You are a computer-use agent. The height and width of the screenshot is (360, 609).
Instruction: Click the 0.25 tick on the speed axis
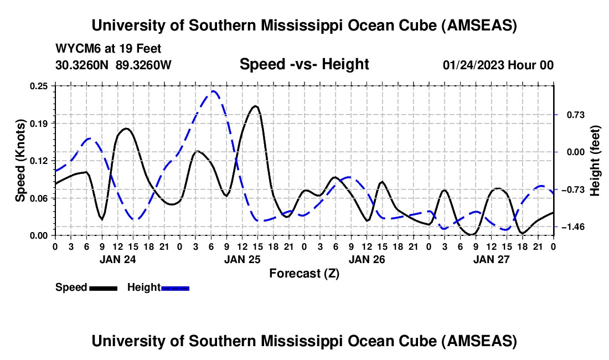pyautogui.click(x=41, y=85)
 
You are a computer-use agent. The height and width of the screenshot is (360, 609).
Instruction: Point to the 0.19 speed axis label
pyautogui.click(x=41, y=123)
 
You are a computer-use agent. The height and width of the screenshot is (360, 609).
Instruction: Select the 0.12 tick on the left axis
pyautogui.click(x=41, y=161)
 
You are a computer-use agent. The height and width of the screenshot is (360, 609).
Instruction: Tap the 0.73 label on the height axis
pyautogui.click(x=570, y=115)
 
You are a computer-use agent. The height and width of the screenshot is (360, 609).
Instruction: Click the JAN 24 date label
pyautogui.click(x=117, y=259)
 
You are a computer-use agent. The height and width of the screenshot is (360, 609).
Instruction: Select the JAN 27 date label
pyautogui.click(x=491, y=259)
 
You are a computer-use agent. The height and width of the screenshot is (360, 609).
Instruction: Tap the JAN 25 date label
pyautogui.click(x=241, y=259)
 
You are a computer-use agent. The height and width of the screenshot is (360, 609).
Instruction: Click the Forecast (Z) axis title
pyautogui.click(x=304, y=273)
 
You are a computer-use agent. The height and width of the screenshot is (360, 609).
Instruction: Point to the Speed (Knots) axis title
pyautogui.click(x=20, y=161)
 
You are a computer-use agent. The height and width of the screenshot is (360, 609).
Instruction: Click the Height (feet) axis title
pyautogui.click(x=595, y=161)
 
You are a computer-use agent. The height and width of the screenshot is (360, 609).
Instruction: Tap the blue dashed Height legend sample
pyautogui.click(x=175, y=288)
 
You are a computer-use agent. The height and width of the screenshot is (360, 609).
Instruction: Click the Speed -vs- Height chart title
pyautogui.click(x=304, y=65)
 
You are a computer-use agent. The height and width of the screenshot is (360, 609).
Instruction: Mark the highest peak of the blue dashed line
pyautogui.click(x=213, y=91)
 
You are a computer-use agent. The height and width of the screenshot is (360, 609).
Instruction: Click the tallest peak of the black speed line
pyautogui.click(x=255, y=106)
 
